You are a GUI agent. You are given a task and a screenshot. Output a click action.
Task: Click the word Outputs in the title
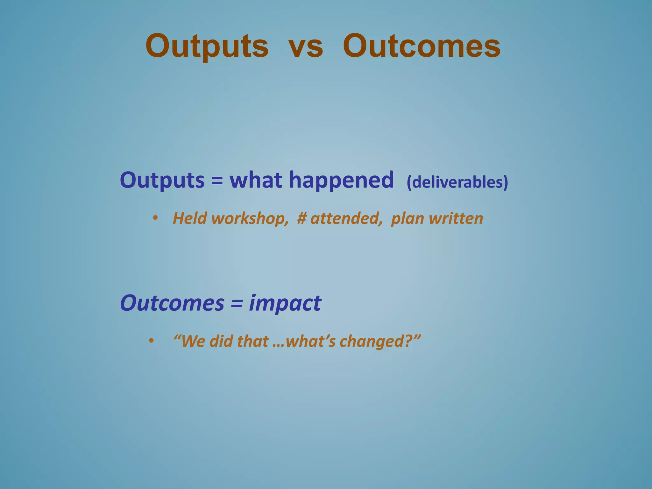(207, 47)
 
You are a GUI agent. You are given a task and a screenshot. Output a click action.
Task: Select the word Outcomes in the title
(421, 47)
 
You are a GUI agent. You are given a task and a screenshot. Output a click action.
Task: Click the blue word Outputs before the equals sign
(162, 181)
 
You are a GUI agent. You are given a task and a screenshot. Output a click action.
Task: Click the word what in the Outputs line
(256, 180)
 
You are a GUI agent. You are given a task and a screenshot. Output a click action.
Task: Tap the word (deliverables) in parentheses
(457, 182)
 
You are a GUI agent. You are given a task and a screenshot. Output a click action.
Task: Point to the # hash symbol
(301, 219)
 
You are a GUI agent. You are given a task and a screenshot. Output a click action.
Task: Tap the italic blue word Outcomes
(172, 303)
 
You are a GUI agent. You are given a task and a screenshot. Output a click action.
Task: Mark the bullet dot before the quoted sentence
(151, 341)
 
